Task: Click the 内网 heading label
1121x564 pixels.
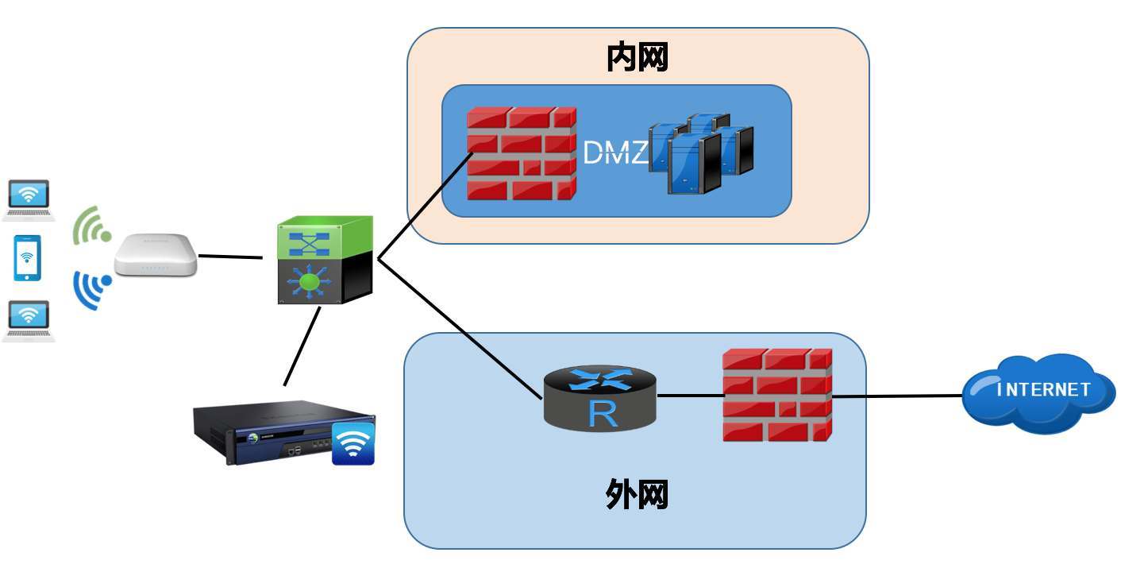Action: pos(637,57)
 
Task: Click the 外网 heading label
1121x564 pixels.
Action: pos(637,494)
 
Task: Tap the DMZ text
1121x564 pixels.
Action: pos(615,152)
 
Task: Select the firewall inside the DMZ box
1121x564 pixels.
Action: pos(521,153)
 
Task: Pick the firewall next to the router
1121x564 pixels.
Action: pos(776,395)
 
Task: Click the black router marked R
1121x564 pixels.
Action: pos(601,396)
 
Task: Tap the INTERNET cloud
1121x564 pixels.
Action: pos(1040,392)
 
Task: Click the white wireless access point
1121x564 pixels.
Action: pos(156,255)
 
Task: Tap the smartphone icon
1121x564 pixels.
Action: pos(28,257)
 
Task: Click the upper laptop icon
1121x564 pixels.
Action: pos(29,199)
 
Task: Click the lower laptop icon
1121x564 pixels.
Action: pos(29,319)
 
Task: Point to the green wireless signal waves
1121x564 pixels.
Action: pos(91,226)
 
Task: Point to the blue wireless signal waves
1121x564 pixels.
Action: pos(90,289)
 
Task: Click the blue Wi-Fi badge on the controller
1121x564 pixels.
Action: pos(353,443)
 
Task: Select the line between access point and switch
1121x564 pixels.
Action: pos(229,257)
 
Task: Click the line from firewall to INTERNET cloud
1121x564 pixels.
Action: pos(897,396)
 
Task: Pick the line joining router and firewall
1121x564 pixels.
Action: pos(690,396)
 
